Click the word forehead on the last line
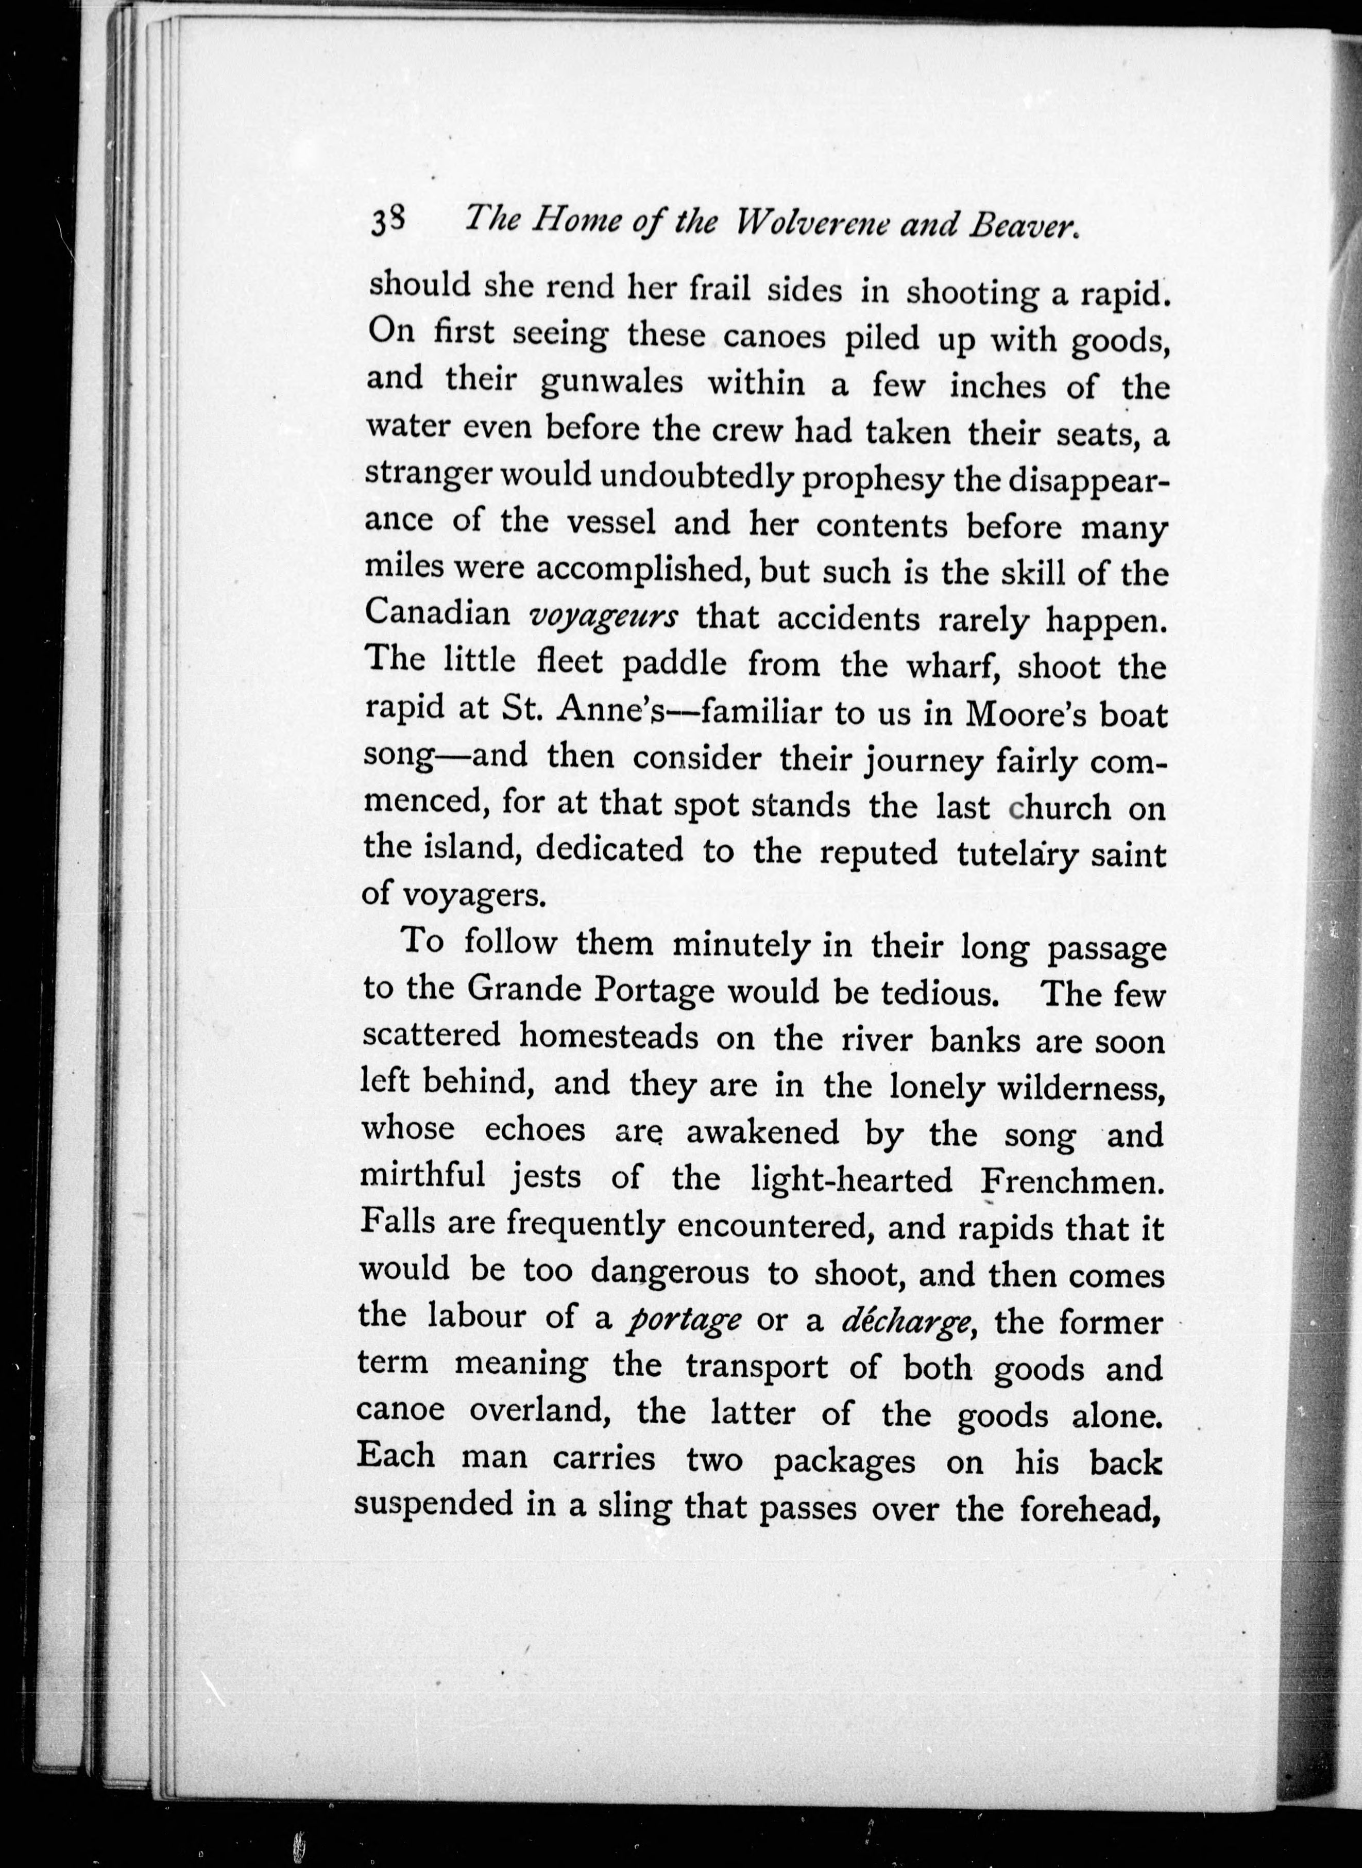pyautogui.click(x=1090, y=1508)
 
